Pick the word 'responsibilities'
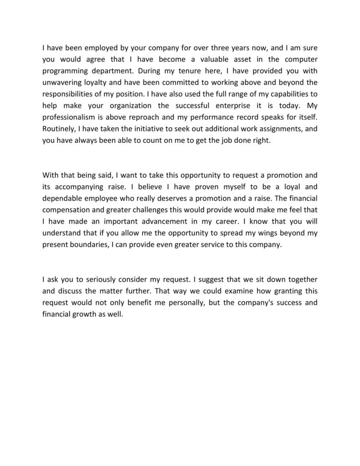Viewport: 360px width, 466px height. tap(68, 94)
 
